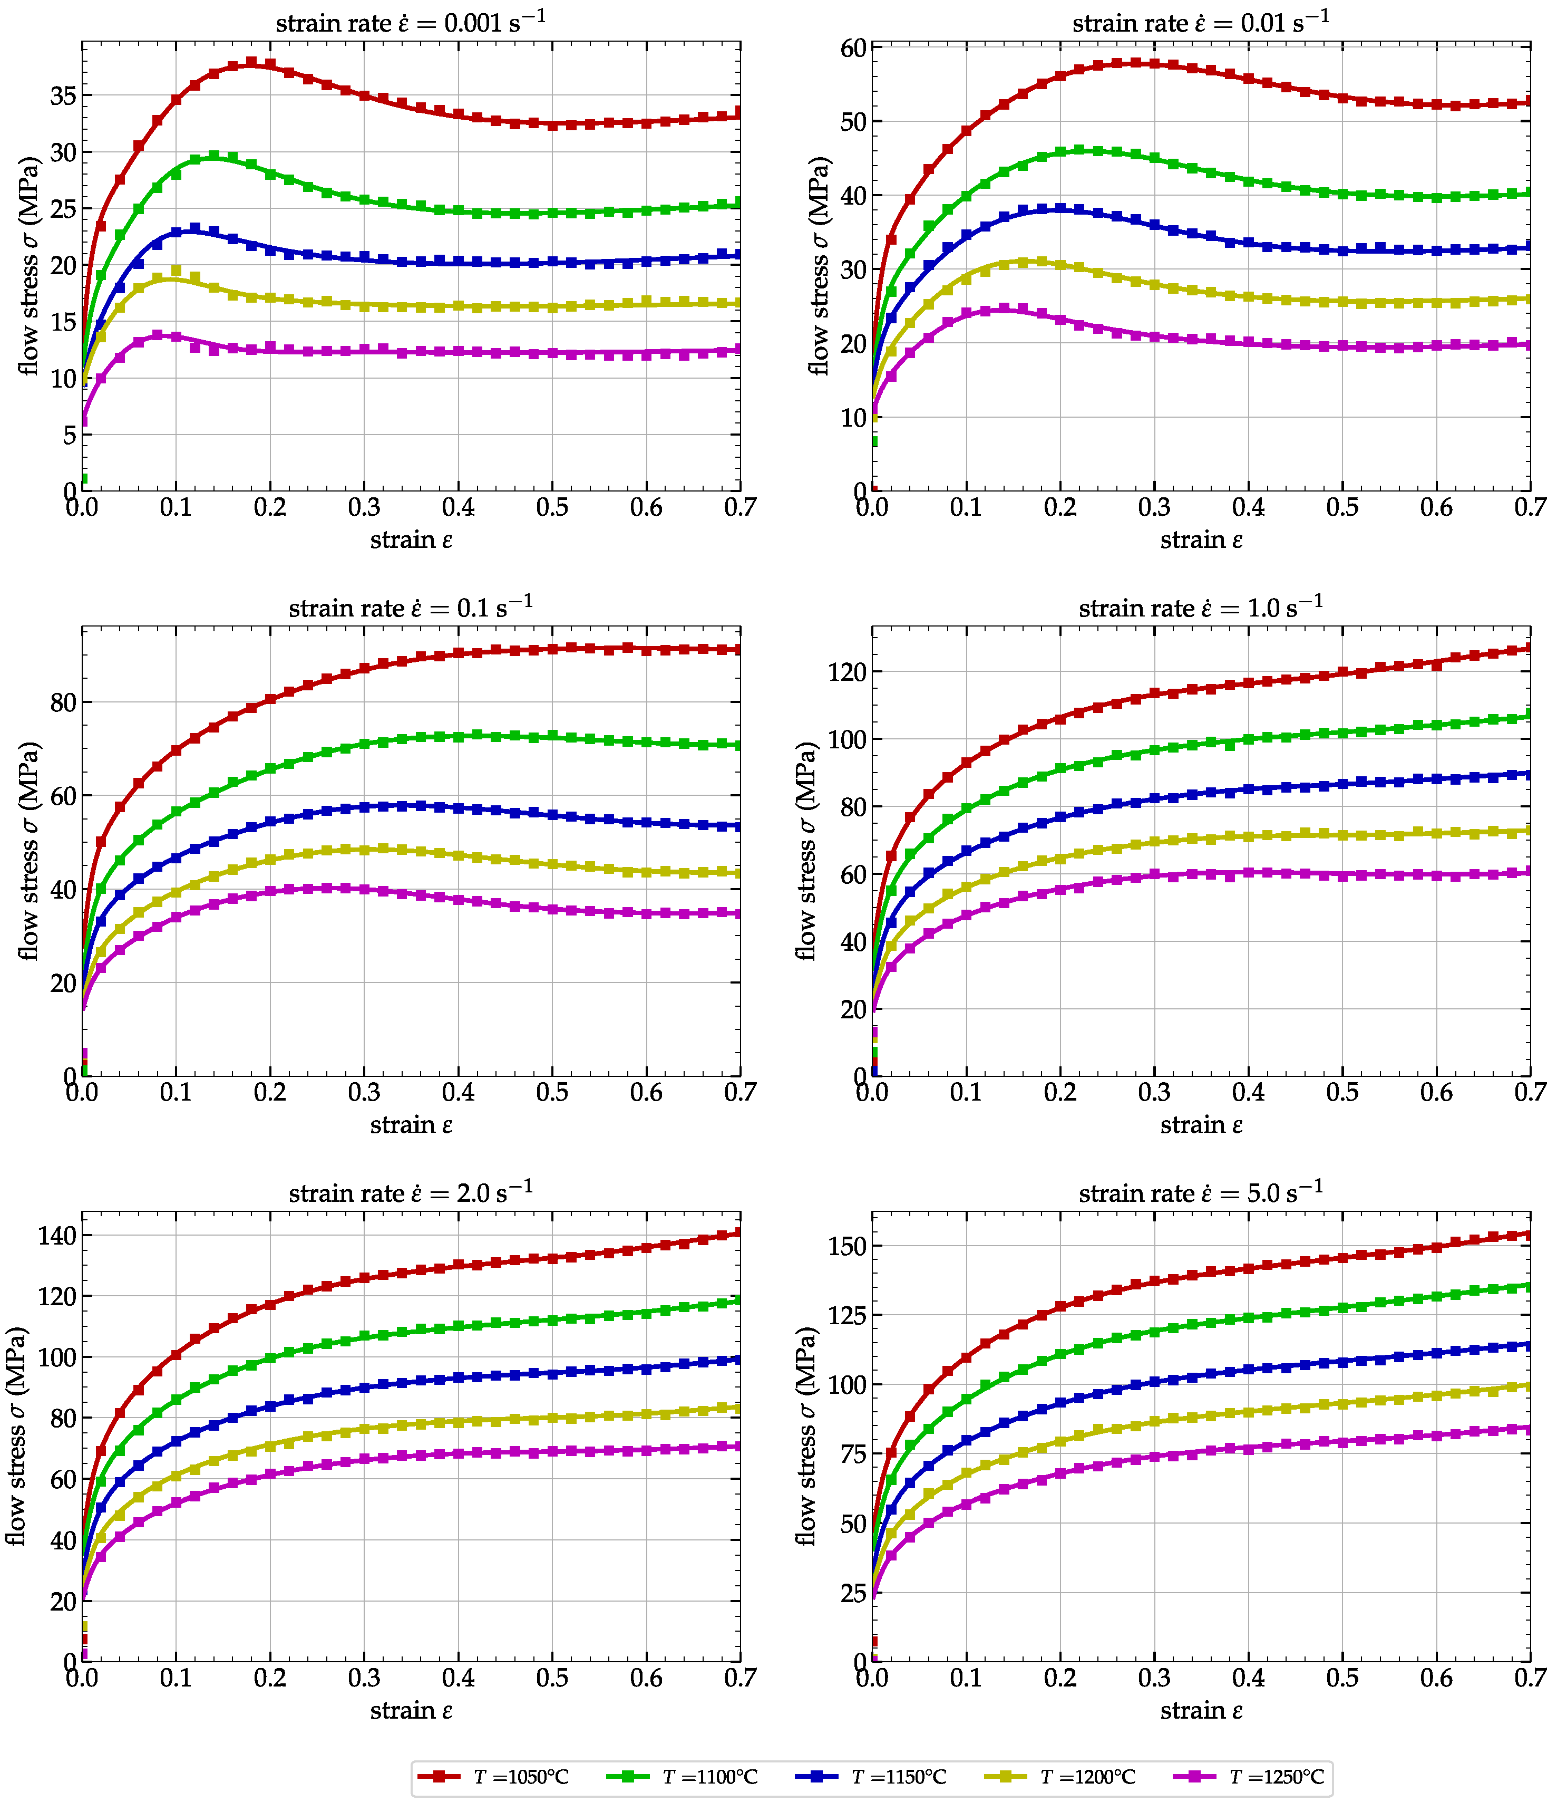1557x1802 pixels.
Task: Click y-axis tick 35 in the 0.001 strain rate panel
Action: click(x=63, y=95)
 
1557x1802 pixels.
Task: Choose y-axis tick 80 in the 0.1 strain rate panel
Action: click(x=63, y=702)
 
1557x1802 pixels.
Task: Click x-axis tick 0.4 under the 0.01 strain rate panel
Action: click(x=1248, y=507)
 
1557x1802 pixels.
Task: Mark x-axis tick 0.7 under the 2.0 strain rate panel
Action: click(x=740, y=1678)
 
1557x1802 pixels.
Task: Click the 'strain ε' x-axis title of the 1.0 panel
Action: click(x=1201, y=1124)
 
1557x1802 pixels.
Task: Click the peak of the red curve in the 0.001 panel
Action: click(x=251, y=63)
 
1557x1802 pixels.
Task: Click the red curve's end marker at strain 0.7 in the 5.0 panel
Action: click(x=1529, y=1234)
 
